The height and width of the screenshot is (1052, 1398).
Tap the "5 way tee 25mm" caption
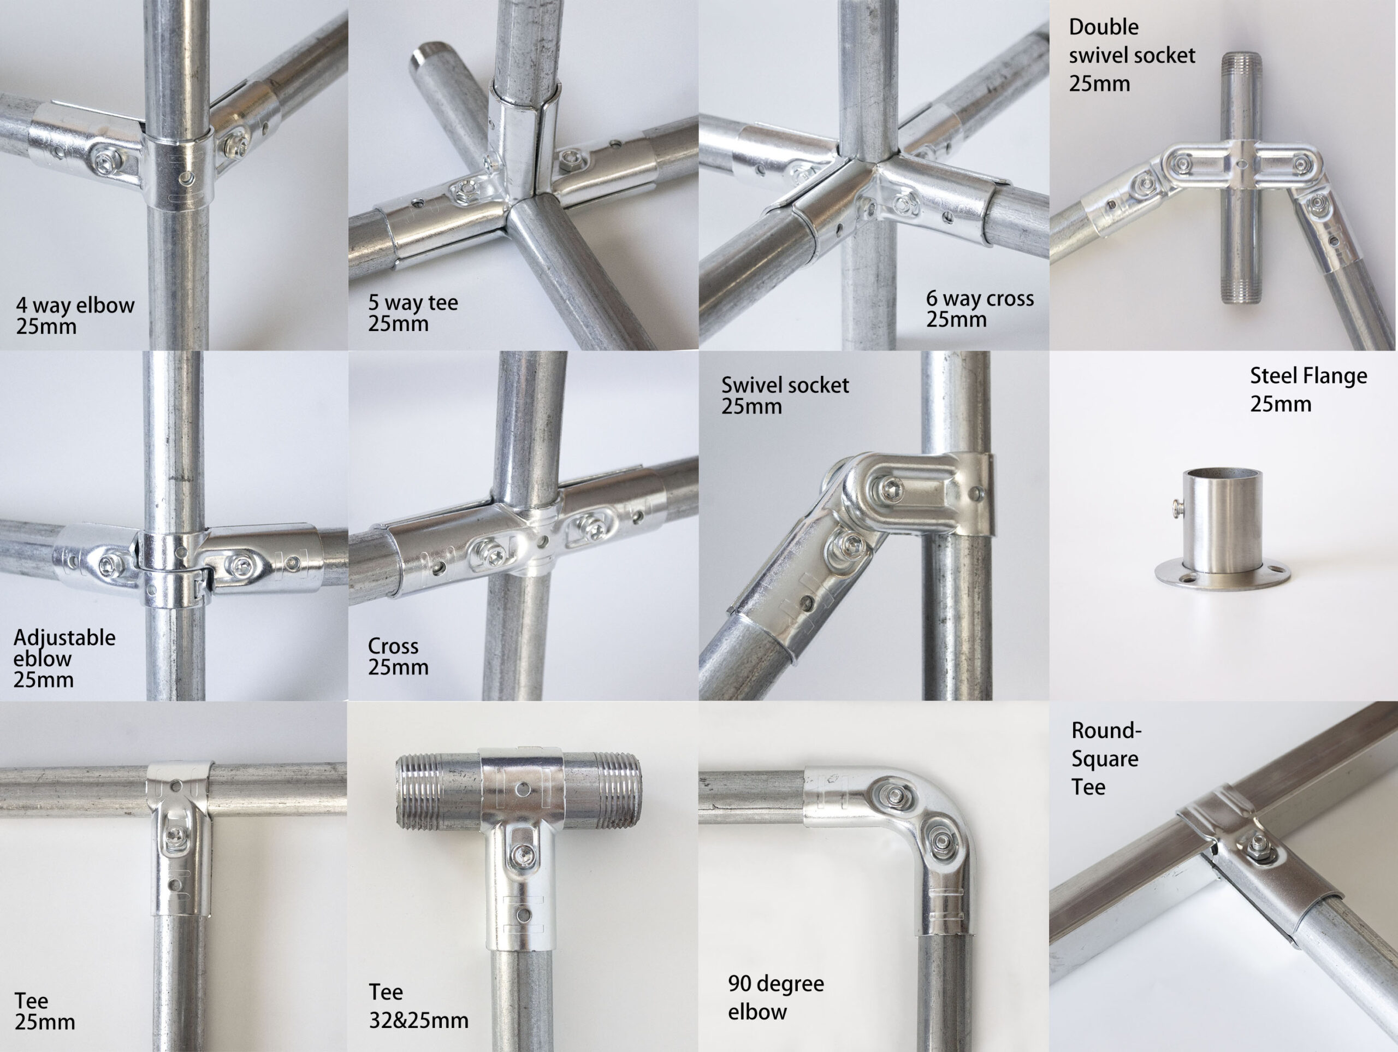(413, 312)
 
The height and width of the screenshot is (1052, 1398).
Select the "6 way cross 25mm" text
(980, 309)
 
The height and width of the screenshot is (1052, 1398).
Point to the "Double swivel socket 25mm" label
(1132, 55)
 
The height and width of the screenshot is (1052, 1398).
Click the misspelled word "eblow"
(43, 658)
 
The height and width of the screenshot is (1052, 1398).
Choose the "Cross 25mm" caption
(398, 656)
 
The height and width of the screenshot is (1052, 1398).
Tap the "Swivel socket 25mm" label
(784, 395)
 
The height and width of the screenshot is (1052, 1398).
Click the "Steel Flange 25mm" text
(1308, 389)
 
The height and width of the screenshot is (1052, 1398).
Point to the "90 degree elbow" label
(775, 997)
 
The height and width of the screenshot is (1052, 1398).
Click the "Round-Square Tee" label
(1106, 758)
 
